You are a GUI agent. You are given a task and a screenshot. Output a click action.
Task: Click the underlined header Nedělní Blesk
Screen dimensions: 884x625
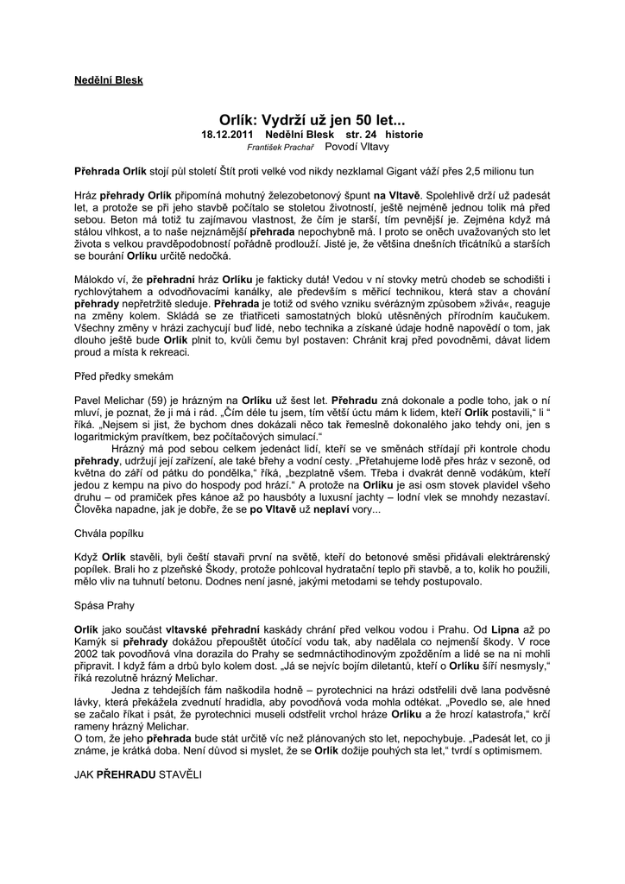pos(108,80)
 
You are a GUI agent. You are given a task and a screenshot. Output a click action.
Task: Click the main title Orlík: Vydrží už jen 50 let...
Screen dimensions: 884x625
pos(312,121)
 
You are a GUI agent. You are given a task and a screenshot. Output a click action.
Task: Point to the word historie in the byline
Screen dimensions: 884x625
pos(405,136)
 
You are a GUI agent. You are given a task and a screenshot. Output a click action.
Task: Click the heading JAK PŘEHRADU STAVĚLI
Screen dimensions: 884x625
pos(137,776)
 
